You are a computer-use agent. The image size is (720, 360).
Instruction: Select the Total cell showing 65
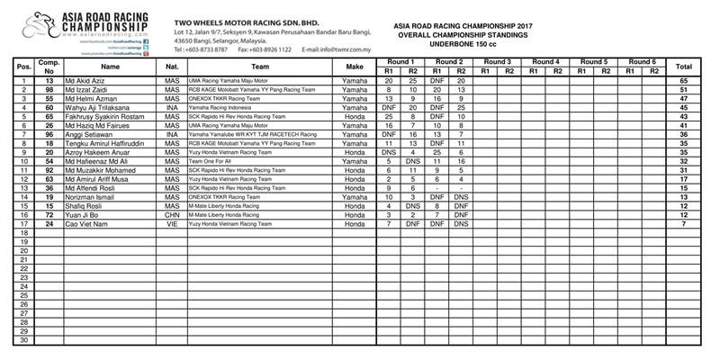point(684,81)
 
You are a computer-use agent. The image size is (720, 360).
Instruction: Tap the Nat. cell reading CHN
point(171,215)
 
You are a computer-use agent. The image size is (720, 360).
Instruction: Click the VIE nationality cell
point(171,224)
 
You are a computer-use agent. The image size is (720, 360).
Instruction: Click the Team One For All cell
point(210,162)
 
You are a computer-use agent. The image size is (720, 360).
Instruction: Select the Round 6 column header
point(642,61)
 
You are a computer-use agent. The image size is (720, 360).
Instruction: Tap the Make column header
point(354,66)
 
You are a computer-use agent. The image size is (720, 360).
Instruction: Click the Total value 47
point(684,99)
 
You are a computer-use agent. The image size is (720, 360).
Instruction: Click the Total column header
point(684,66)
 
